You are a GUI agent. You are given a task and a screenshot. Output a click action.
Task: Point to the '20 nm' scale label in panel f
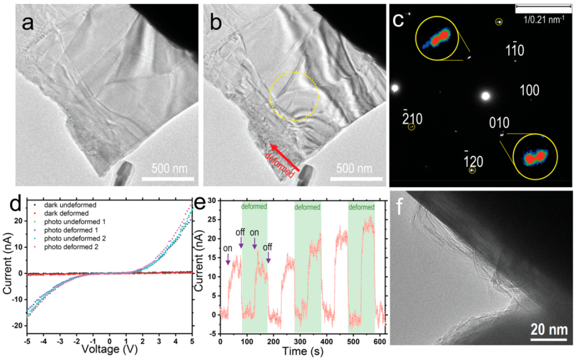point(548,329)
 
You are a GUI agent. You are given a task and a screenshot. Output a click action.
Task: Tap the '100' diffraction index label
point(530,90)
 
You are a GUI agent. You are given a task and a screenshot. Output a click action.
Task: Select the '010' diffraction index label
point(499,123)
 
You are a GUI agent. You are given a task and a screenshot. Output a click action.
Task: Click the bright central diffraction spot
point(486,97)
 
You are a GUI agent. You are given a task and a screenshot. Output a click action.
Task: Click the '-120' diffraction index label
point(474,159)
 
